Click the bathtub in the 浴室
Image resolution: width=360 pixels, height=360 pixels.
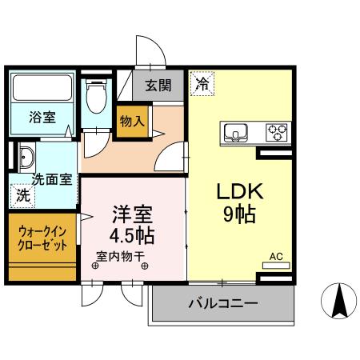tap(42, 88)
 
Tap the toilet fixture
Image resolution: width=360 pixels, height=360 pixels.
tap(97, 96)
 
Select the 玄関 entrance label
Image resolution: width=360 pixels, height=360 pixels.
tap(158, 86)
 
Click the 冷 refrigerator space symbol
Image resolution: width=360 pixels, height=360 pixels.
tap(203, 83)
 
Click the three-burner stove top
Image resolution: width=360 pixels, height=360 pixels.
tap(277, 133)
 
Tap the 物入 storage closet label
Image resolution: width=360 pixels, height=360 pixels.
tap(132, 122)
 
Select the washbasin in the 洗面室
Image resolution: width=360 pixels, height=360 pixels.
tap(26, 158)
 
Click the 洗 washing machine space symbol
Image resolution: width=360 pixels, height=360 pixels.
tap(23, 196)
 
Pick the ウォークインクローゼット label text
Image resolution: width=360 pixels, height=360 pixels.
tap(42, 238)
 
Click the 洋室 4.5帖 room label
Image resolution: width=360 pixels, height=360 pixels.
tap(132, 225)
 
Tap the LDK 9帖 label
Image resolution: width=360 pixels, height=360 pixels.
tap(240, 203)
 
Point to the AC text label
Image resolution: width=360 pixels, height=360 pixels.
tap(276, 257)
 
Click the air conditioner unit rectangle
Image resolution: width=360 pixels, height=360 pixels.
tap(276, 266)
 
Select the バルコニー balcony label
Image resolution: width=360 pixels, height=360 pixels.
tap(223, 303)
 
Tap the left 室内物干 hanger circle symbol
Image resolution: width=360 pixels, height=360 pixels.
tap(95, 266)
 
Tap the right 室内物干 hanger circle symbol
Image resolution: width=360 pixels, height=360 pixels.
tap(145, 266)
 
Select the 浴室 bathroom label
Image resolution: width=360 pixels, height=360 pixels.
tap(42, 117)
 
